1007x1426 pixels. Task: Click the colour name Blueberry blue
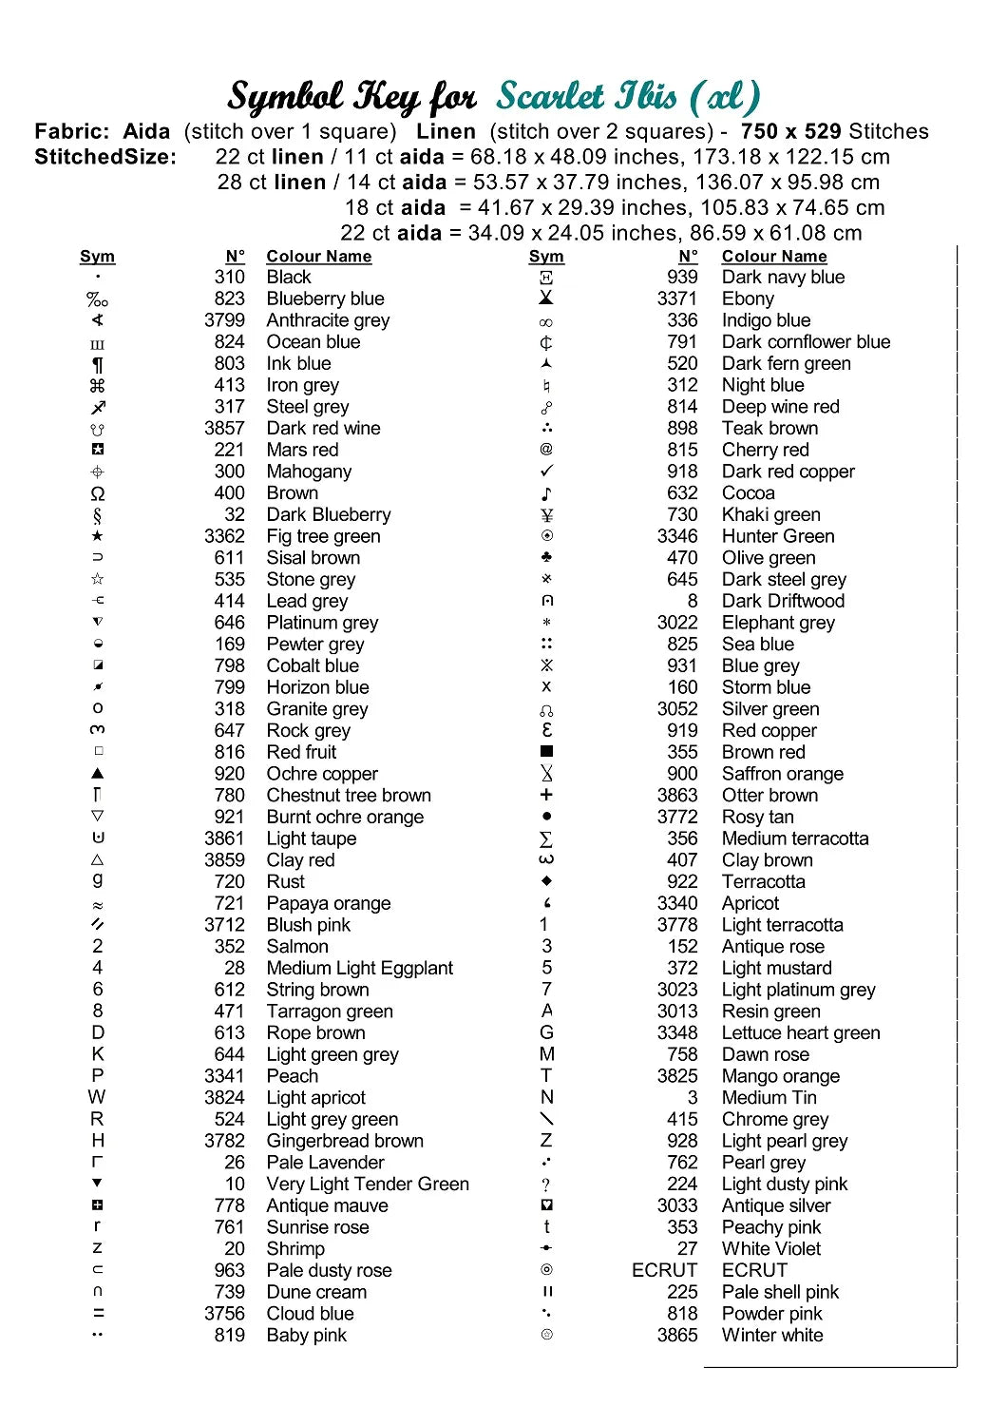325,299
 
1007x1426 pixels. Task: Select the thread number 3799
224,320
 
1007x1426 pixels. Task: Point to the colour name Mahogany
309,472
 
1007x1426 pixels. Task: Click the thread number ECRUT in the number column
664,1270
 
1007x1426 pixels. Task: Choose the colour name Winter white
772,1335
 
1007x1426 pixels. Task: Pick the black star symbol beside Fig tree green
97,536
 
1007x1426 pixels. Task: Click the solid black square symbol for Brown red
546,752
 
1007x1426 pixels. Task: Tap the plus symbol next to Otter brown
546,795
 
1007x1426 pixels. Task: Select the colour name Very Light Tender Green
368,1184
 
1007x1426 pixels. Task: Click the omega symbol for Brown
97,493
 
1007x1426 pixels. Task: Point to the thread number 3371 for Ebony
676,299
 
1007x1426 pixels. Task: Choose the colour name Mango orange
781,1076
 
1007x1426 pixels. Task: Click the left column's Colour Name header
319,257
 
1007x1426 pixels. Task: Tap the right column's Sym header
546,257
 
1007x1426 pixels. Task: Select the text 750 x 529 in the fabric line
791,131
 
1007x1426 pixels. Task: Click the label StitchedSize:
105,157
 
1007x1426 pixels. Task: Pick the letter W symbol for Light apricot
97,1097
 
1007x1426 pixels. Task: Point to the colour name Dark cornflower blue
806,341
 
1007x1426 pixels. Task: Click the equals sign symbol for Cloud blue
98,1314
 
